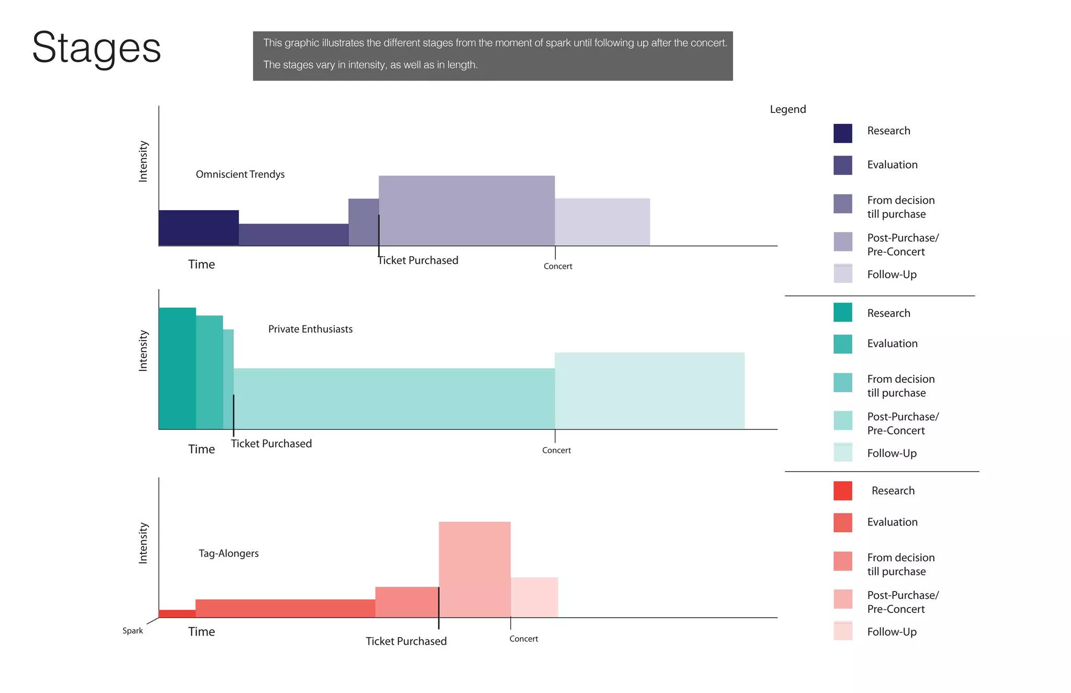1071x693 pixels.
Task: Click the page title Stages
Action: [97, 48]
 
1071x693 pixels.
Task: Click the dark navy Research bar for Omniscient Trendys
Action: [198, 228]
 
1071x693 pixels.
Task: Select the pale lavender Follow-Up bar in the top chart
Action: [602, 222]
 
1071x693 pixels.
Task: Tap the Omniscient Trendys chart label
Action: [240, 174]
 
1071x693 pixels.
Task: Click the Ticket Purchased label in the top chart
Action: [418, 260]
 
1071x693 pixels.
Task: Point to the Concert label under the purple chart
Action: [557, 266]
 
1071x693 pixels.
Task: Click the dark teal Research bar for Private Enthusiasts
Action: [177, 368]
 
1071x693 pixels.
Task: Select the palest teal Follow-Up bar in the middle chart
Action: [649, 391]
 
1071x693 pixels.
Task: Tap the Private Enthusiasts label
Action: [310, 329]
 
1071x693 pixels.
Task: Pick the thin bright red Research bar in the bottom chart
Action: [177, 614]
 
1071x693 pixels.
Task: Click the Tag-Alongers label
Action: [229, 553]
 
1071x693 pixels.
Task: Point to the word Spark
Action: [132, 631]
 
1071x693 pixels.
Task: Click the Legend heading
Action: [788, 109]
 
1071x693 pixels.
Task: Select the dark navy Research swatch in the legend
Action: [842, 133]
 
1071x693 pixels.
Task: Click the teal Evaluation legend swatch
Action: [842, 344]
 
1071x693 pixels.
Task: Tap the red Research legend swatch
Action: [842, 491]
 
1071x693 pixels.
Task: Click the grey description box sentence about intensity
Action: [370, 65]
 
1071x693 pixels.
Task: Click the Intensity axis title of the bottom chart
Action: [143, 543]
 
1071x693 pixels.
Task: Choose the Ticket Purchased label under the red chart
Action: [406, 641]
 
